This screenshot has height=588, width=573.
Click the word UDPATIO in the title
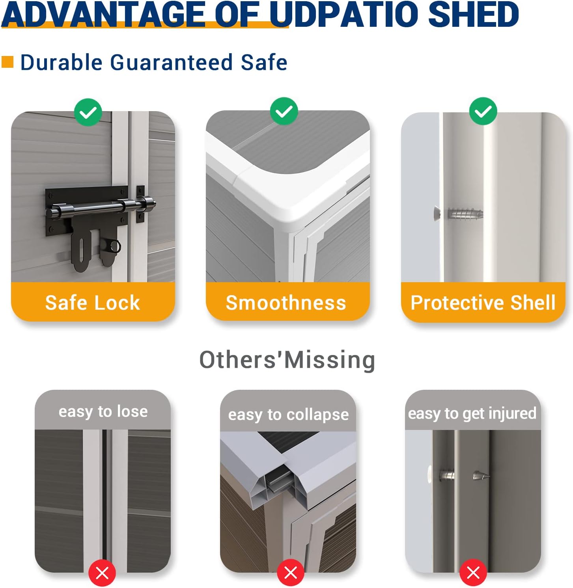tap(345, 14)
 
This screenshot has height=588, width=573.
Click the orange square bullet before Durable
tap(7, 62)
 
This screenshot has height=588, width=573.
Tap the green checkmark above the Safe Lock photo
tap(88, 112)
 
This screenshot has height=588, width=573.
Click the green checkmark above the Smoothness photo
tap(284, 111)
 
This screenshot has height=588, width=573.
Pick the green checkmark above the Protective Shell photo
tap(483, 111)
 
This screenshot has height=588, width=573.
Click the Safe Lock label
tap(93, 303)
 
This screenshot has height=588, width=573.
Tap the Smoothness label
tap(286, 303)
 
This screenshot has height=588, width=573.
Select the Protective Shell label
tap(483, 303)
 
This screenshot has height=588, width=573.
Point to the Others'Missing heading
tap(287, 360)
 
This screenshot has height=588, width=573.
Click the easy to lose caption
tap(103, 411)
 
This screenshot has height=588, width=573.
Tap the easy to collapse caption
tap(289, 415)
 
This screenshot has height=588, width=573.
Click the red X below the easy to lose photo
tap(102, 573)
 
